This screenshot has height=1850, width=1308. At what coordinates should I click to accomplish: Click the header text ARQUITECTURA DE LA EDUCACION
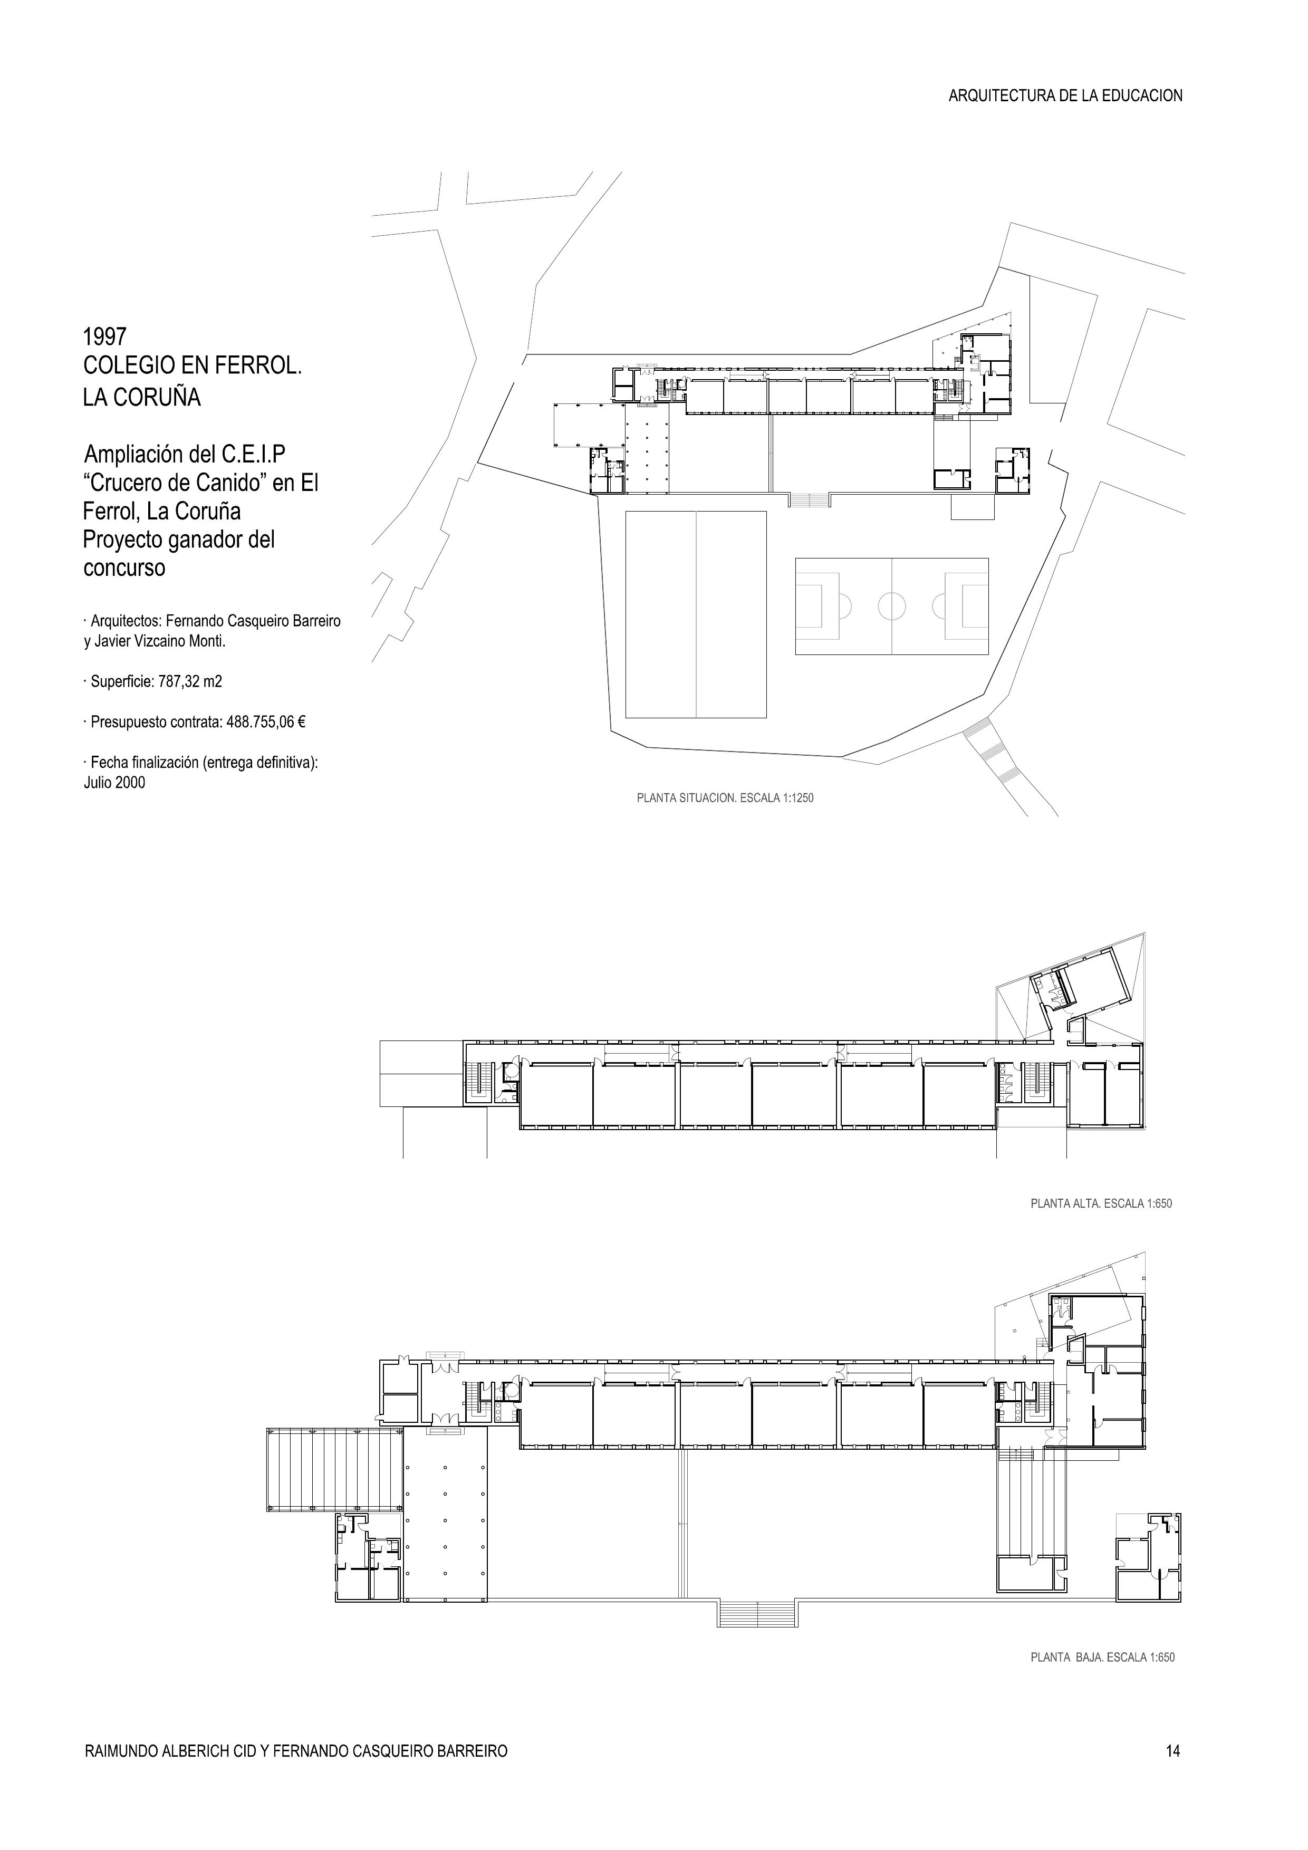(x=1065, y=96)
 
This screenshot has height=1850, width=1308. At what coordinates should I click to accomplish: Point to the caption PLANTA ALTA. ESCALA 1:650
(x=1101, y=1204)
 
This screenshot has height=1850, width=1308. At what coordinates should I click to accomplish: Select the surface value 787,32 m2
(x=190, y=682)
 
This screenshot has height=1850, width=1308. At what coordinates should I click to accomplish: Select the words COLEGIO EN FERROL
(x=192, y=366)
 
